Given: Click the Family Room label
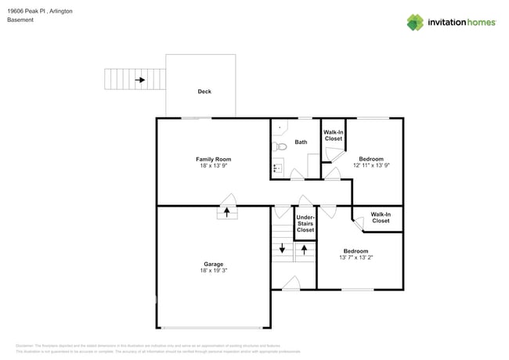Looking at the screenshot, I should click(x=213, y=159).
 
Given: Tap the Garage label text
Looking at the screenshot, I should click(x=214, y=264).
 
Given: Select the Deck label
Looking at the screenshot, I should click(x=204, y=92).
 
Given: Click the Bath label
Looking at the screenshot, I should click(x=301, y=142).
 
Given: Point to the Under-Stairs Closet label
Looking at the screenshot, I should click(x=305, y=224).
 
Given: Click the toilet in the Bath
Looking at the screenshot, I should click(x=281, y=146).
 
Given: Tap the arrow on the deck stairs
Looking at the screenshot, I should click(x=139, y=80).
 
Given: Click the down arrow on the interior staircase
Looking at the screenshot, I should click(x=282, y=249).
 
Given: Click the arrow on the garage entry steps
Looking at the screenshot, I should click(x=227, y=211).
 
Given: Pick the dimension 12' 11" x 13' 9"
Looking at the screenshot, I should click(x=371, y=165).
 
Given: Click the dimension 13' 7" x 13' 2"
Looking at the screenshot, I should click(x=356, y=257).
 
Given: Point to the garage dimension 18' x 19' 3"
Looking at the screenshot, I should click(x=214, y=271).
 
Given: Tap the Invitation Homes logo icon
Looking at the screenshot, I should click(x=415, y=23).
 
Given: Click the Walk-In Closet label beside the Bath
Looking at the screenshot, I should click(x=334, y=135).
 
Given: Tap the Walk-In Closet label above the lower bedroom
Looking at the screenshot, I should click(x=381, y=218).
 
